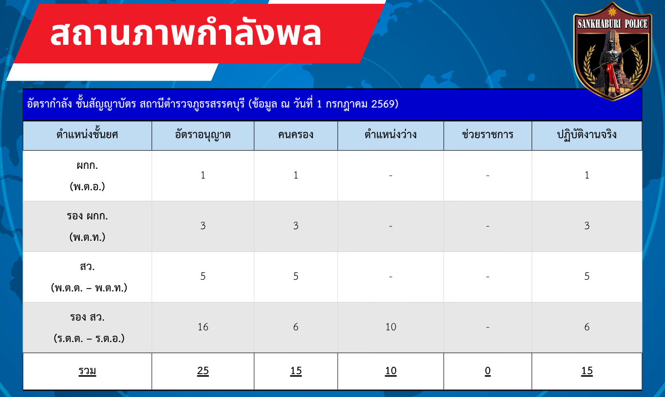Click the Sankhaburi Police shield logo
(612, 51)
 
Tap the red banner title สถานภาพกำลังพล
(186, 34)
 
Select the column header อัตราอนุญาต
(203, 135)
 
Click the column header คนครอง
(296, 135)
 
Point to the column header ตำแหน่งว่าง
(391, 134)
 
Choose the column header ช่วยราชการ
(487, 134)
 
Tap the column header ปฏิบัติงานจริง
(587, 135)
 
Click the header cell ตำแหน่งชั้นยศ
(87, 134)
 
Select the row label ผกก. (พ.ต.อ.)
(87, 176)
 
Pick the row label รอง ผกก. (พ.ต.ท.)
(87, 226)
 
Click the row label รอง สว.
(87, 317)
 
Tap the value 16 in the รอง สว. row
(203, 326)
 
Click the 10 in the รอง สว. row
(391, 326)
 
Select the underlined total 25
(203, 371)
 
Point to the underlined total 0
(487, 371)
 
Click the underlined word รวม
(87, 371)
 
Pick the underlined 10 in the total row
(391, 371)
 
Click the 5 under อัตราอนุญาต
(203, 276)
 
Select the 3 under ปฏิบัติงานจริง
(587, 226)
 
